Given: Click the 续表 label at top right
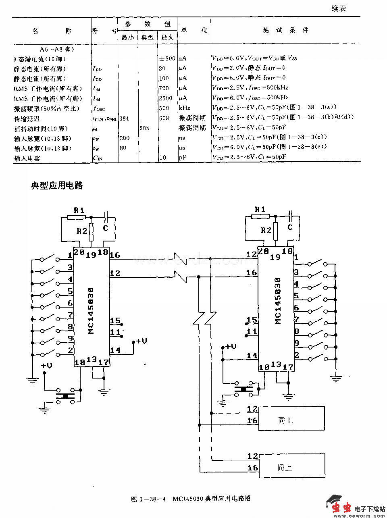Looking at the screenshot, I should pyautogui.click(x=339, y=8).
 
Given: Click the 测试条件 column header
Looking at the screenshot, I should pyautogui.click(x=285, y=30).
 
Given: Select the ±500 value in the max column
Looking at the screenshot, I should pyautogui.click(x=167, y=58).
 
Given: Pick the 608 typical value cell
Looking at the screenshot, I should pyautogui.click(x=144, y=128).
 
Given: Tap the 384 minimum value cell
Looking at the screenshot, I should pyautogui.click(x=124, y=118).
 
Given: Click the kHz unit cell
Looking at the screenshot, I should pyautogui.click(x=184, y=108).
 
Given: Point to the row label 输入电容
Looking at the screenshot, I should pyautogui.click(x=27, y=158).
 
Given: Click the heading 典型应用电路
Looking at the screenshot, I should pyautogui.click(x=57, y=185).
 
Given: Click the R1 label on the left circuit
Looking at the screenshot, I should pyautogui.click(x=79, y=210).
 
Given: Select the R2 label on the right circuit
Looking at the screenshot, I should pyautogui.click(x=266, y=230).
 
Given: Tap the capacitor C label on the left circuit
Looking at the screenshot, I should pyautogui.click(x=106, y=228).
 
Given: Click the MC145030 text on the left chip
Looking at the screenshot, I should pyautogui.click(x=91, y=310).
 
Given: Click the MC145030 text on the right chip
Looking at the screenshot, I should pyautogui.click(x=278, y=301).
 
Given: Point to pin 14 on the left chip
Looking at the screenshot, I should pyautogui.click(x=115, y=350).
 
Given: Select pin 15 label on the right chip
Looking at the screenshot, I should pyautogui.click(x=252, y=320).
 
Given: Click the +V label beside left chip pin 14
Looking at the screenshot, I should pyautogui.click(x=141, y=341).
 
